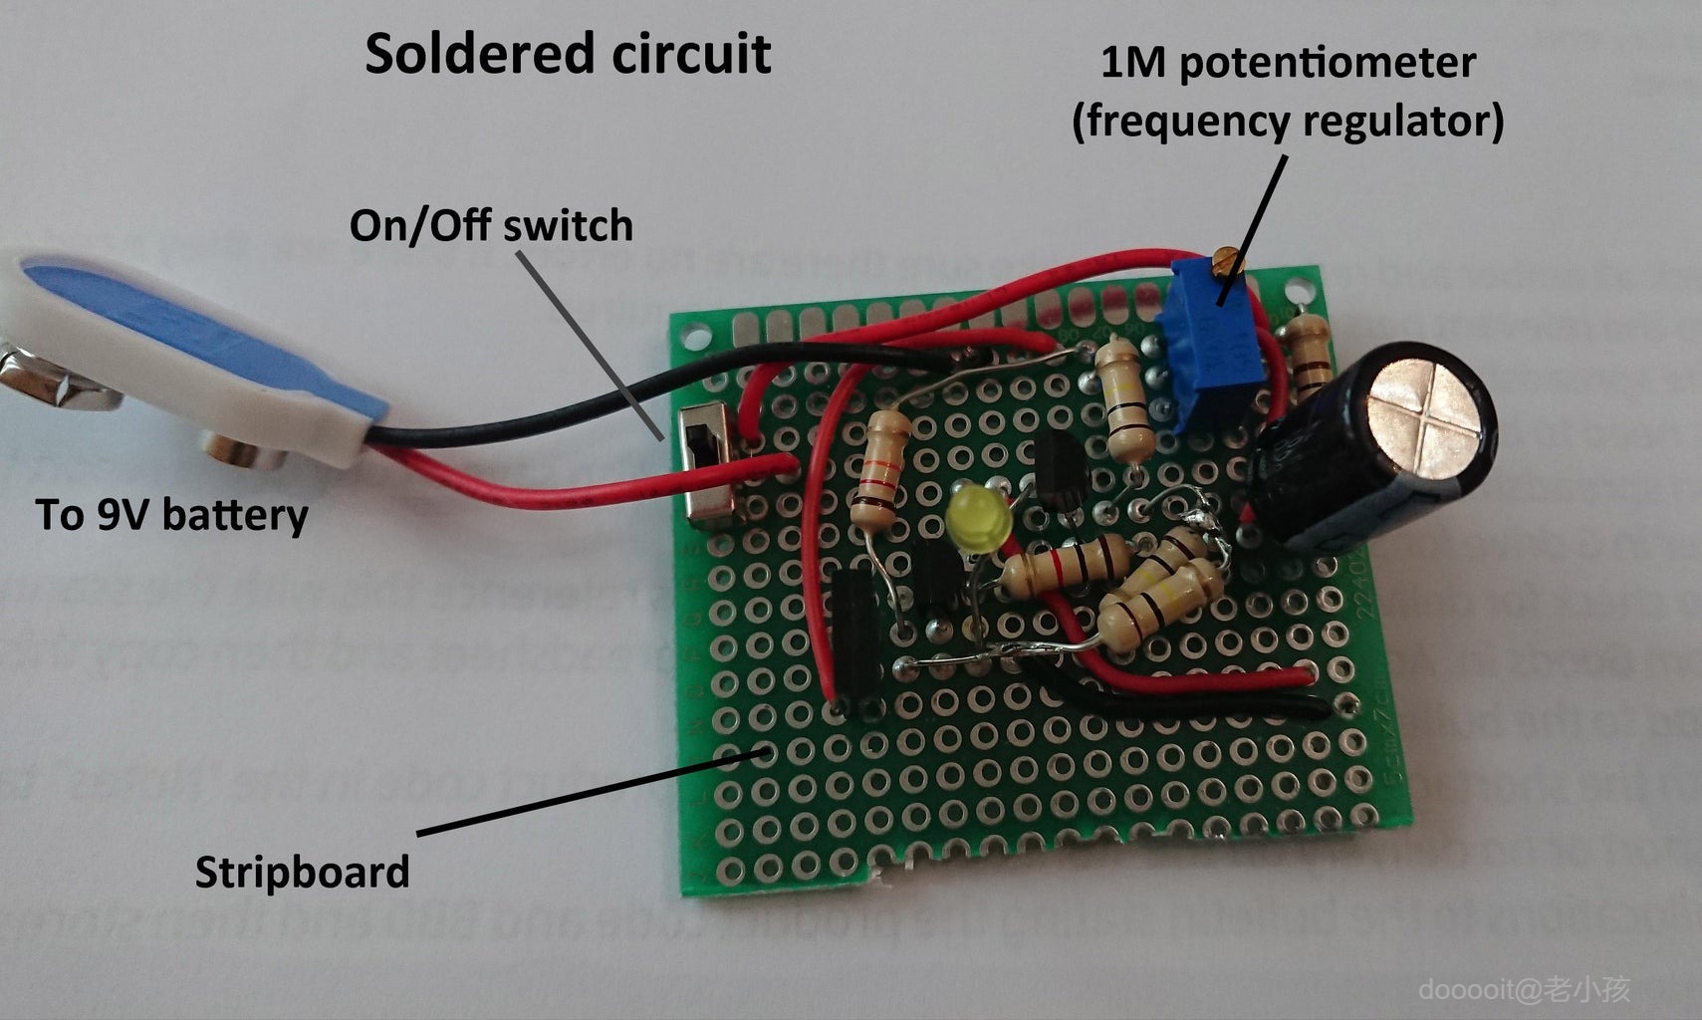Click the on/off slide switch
[708, 465]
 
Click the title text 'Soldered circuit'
[568, 54]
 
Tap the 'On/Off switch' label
[491, 226]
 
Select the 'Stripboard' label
[302, 873]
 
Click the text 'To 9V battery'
[171, 515]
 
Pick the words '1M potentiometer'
[1288, 63]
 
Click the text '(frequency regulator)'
[1288, 122]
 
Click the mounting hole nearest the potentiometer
[1296, 290]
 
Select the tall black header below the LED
[855, 637]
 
